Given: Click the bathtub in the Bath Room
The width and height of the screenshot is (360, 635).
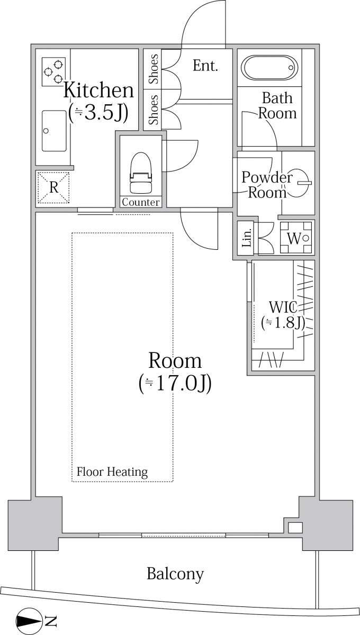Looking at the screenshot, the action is click(x=269, y=68).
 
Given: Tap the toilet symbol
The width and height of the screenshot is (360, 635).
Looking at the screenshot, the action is click(x=140, y=173).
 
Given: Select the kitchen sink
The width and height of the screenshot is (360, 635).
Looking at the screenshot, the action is click(x=54, y=131).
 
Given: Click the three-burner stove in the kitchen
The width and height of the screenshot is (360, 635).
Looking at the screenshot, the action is click(x=53, y=72).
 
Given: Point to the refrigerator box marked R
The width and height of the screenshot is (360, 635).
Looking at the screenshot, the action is click(x=53, y=188).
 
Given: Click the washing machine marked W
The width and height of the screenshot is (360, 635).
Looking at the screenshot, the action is click(x=296, y=238).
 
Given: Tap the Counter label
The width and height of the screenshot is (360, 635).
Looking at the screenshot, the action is click(x=141, y=202).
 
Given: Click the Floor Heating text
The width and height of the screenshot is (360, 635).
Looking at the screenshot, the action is click(x=112, y=472).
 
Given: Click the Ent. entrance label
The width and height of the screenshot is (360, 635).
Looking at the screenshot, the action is click(x=205, y=66).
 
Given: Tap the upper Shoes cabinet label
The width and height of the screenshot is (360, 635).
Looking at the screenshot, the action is click(x=154, y=69).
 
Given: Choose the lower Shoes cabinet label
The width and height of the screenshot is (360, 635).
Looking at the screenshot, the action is click(x=154, y=110).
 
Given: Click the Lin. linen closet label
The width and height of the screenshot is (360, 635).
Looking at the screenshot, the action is click(x=247, y=238).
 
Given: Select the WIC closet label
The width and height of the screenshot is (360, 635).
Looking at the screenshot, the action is click(x=283, y=307).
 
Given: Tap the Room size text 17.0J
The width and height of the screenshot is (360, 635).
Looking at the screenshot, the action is click(x=175, y=384).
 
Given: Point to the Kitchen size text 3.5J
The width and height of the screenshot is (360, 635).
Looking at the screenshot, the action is click(x=98, y=113).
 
